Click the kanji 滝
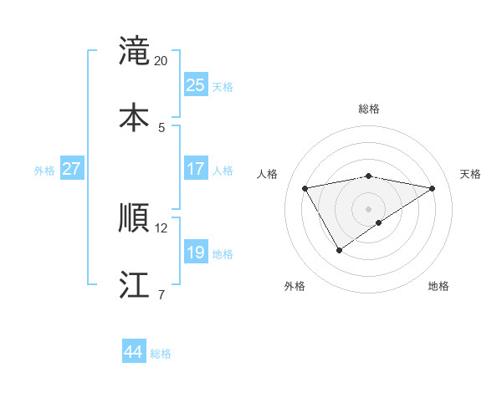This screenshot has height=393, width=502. click(x=134, y=51)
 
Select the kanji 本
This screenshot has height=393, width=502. click(x=134, y=118)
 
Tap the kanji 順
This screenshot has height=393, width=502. click(x=134, y=218)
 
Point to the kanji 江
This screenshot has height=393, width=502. click(x=134, y=285)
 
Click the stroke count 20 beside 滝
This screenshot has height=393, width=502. click(x=161, y=61)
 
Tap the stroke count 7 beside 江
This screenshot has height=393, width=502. click(x=161, y=295)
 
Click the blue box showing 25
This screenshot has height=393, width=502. click(x=195, y=85)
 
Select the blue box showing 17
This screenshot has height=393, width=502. click(x=195, y=169)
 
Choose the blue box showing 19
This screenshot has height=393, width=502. click(x=195, y=253)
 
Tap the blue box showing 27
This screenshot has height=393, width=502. click(x=71, y=169)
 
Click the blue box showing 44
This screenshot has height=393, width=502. click(x=133, y=352)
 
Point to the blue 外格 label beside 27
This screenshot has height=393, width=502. click(x=44, y=171)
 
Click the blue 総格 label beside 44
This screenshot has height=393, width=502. click(x=161, y=354)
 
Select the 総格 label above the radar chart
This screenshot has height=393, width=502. click(x=369, y=109)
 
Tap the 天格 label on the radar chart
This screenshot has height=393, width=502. click(x=470, y=174)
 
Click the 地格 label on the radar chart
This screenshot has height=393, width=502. click(x=438, y=286)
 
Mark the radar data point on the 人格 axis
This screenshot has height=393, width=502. click(x=305, y=187)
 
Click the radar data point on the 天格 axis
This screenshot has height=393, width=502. click(x=433, y=188)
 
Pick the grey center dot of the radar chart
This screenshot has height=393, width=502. click(x=369, y=208)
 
